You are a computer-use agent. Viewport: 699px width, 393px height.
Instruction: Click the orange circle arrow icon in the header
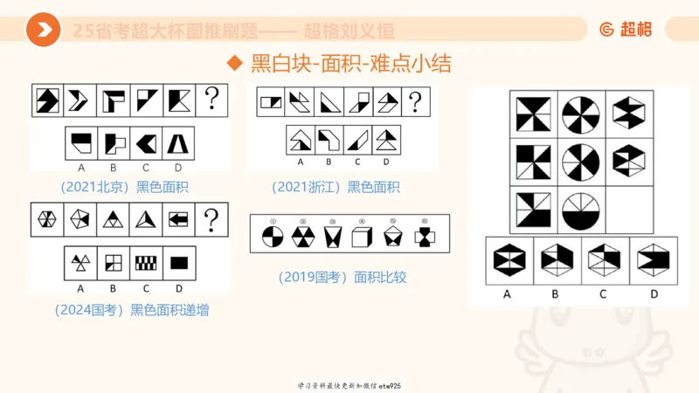click(x=43, y=31)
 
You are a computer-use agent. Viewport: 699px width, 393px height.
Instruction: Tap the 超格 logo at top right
click(x=625, y=30)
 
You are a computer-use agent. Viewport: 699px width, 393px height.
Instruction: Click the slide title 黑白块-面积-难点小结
click(x=350, y=65)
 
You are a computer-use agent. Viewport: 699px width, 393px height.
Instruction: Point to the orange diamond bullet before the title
click(x=233, y=65)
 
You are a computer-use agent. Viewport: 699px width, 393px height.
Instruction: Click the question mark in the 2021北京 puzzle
click(x=211, y=100)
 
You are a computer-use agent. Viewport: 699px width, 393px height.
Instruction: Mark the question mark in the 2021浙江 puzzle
click(x=415, y=101)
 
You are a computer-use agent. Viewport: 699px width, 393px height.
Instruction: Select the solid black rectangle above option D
click(x=178, y=262)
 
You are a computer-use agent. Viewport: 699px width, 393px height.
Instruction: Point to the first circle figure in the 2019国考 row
click(x=273, y=237)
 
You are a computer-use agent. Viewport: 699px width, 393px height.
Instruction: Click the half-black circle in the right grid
click(x=577, y=210)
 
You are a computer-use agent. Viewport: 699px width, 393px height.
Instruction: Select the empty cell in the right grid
click(x=626, y=210)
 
